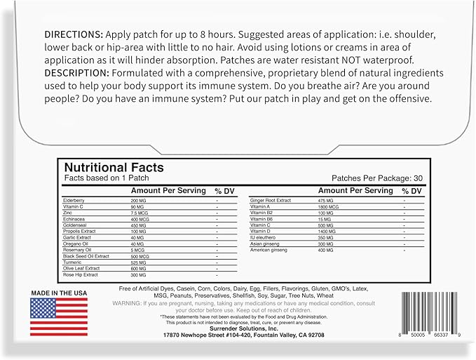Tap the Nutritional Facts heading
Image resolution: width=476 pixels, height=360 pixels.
(x=114, y=168)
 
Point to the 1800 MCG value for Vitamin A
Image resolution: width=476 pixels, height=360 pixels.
(x=329, y=208)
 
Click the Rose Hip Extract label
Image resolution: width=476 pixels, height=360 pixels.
(x=80, y=274)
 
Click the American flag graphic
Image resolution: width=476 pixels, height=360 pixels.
(x=59, y=316)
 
